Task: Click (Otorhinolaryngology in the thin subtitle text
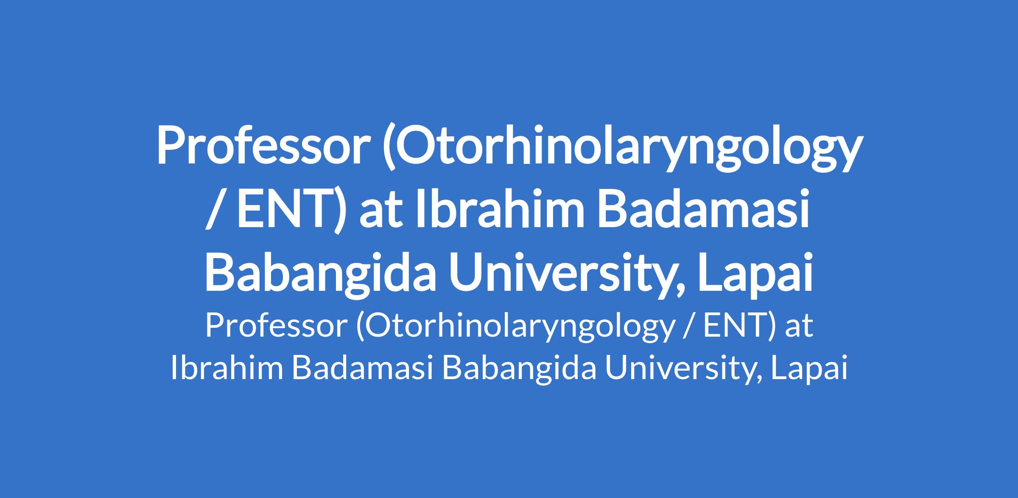coord(515,329)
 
